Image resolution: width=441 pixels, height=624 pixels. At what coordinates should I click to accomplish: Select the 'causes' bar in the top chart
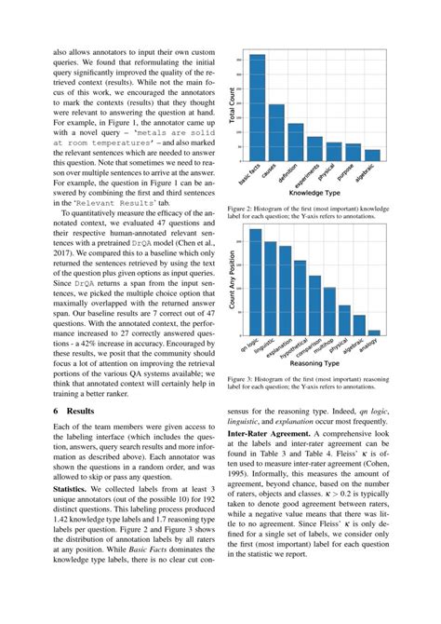[276, 131]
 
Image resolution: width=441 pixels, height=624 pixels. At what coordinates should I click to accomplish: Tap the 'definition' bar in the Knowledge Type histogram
[295, 142]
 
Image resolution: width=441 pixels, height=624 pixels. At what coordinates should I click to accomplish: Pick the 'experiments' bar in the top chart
[314, 148]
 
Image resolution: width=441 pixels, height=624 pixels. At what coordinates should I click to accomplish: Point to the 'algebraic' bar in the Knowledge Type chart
[372, 155]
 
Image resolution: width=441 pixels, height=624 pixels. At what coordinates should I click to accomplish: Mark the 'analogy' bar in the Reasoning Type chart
[374, 332]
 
